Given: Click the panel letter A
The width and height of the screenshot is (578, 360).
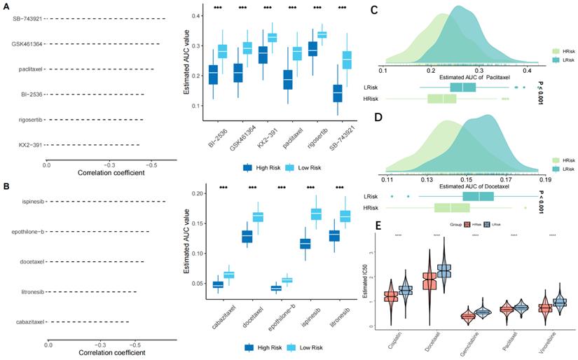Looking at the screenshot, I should (x=6, y=5).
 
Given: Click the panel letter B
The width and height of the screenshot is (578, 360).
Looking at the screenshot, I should (x=6, y=187).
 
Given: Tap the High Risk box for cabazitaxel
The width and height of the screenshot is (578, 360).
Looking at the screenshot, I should (x=218, y=284).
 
